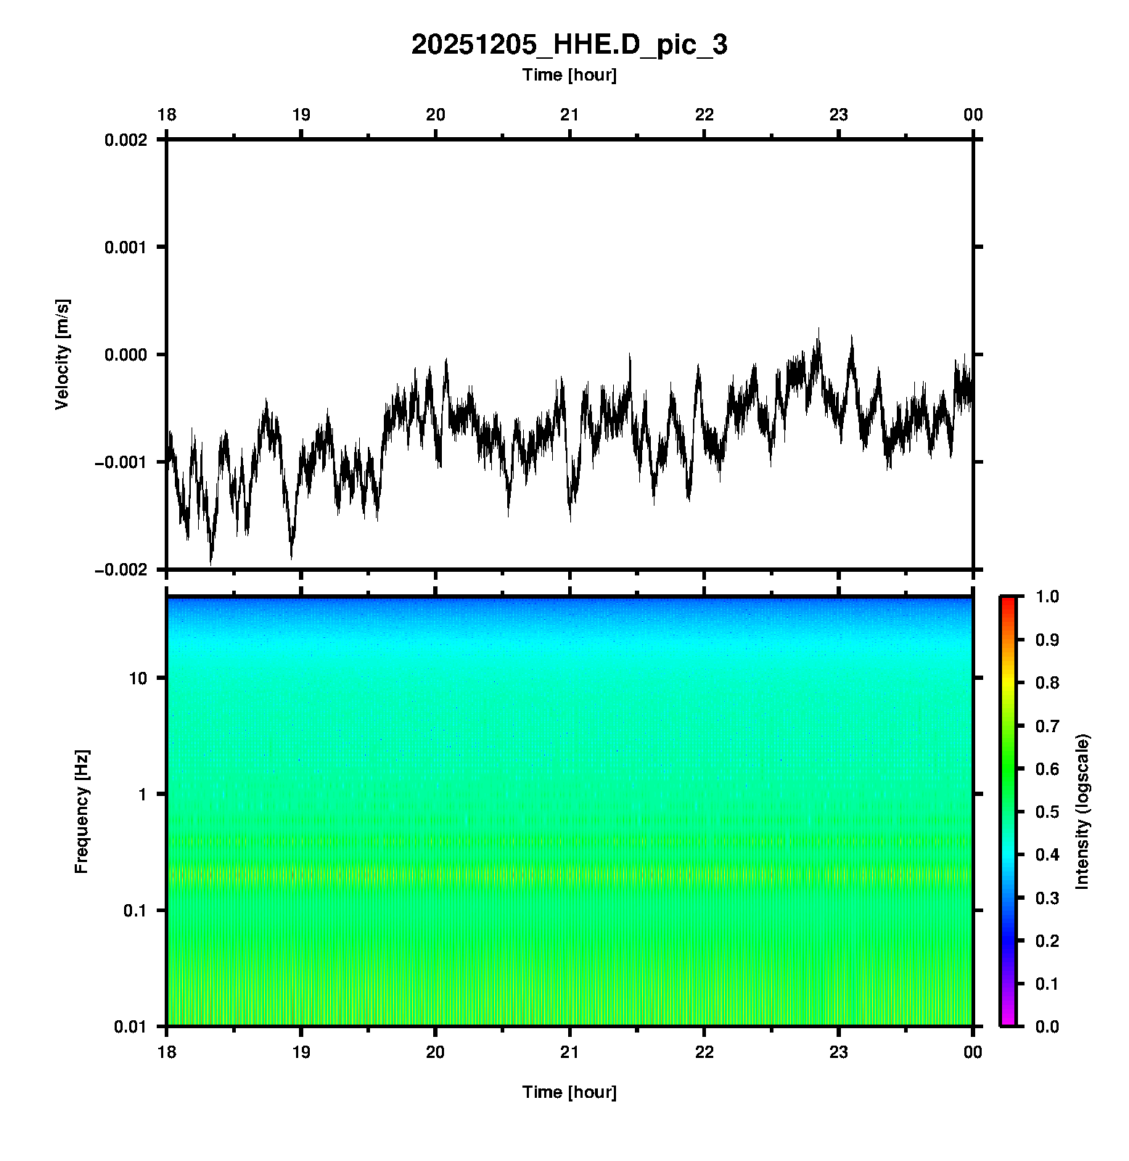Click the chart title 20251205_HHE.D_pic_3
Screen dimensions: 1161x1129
[569, 45]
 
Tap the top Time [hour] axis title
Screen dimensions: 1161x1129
[569, 75]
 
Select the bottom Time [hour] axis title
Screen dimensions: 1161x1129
[569, 1092]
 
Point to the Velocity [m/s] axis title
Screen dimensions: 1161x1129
[62, 354]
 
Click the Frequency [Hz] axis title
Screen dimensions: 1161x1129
[81, 811]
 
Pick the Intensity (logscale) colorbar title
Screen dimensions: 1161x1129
[1083, 811]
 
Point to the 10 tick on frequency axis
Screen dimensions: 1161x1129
[138, 678]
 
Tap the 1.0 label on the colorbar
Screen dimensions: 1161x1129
[1048, 596]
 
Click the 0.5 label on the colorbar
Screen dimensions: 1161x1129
[1048, 811]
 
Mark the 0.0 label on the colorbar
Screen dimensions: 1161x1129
[1048, 1027]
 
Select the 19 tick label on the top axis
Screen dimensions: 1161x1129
[301, 115]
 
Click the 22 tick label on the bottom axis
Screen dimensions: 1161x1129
[705, 1052]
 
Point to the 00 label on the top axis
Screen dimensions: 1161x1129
[973, 115]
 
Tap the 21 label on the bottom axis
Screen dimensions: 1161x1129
[570, 1052]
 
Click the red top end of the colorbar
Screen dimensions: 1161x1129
[1007, 601]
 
